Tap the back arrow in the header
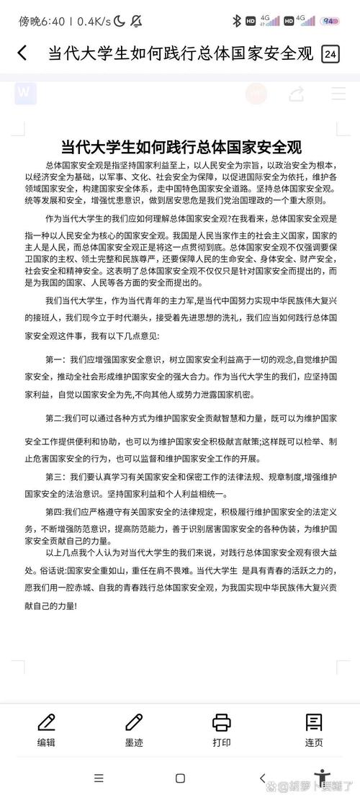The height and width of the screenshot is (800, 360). (x=22, y=53)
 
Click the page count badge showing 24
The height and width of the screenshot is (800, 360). (x=330, y=54)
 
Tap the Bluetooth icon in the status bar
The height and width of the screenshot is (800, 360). (x=236, y=21)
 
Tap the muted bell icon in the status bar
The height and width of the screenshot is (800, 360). (x=135, y=21)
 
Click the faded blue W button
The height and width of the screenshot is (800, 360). (x=25, y=93)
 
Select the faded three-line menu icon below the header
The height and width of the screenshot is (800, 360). (x=338, y=94)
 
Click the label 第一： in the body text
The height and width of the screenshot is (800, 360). (x=56, y=359)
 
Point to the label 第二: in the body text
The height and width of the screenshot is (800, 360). (x=55, y=418)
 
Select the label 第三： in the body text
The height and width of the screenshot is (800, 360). (x=56, y=477)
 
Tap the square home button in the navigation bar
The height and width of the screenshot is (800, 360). (x=180, y=778)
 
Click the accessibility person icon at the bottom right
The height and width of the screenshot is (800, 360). (x=322, y=778)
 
